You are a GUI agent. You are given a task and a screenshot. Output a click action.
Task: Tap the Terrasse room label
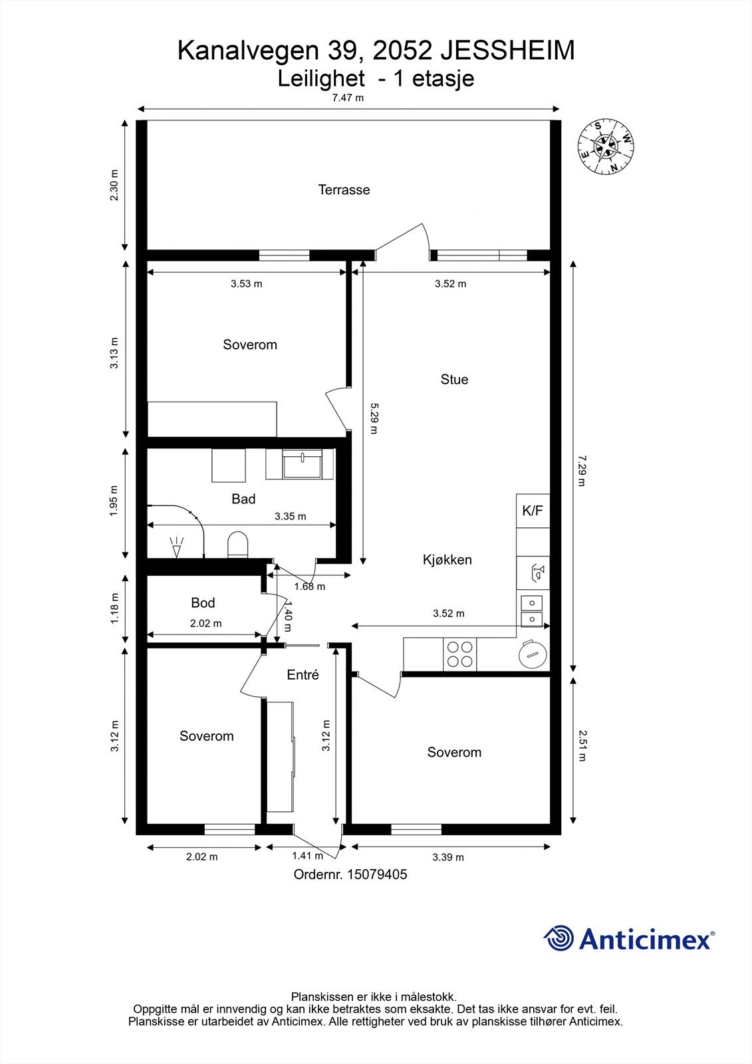pos(344,190)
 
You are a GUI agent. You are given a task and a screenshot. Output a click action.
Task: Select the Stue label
pos(454,380)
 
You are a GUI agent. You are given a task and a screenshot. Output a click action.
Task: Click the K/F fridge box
pos(533,511)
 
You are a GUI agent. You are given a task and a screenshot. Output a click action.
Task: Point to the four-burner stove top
pos(460,654)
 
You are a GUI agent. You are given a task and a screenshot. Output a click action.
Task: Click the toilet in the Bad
pos(238,545)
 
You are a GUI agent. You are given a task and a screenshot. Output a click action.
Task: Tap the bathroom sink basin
pos(302,464)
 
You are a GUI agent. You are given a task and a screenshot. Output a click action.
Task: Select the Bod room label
pos(203,602)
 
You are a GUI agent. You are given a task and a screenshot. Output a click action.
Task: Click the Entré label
pos(303,674)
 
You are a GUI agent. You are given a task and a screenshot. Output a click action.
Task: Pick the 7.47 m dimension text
pos(348,98)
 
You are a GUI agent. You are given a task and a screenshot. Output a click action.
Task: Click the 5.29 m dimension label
pos(374,418)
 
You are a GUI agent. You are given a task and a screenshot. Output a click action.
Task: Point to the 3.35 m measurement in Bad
pos(291,516)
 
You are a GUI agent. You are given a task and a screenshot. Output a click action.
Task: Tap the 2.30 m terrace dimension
pos(114,186)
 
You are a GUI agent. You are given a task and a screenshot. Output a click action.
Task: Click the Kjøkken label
pos(447,559)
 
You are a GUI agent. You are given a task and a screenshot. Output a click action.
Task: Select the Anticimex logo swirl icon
pos(559,938)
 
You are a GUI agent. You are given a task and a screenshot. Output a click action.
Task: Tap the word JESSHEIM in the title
pos(507,51)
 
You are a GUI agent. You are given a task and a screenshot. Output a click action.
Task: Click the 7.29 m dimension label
pos(582,471)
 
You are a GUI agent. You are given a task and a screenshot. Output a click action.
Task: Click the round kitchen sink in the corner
pos(533,655)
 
